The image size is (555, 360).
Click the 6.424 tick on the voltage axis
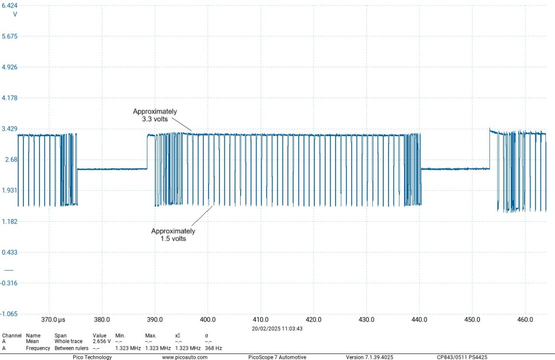pos(10,5)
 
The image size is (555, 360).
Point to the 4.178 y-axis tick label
pos(10,98)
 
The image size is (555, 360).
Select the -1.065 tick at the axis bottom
pos(10,314)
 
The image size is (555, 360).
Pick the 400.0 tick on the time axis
pos(208,320)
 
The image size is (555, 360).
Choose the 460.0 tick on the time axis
pos(525,320)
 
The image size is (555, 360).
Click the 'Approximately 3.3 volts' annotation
pos(155,115)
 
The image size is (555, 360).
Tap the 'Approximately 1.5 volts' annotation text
pos(173,235)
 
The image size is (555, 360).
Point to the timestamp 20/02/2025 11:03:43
pos(277,329)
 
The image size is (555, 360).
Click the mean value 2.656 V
pos(101,342)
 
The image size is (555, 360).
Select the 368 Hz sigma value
pos(213,348)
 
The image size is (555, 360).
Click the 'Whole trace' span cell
pos(68,342)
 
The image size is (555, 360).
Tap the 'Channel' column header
pos(11,336)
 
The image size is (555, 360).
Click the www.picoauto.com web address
pos(184,357)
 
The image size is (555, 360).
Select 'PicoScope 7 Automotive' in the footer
pos(277,357)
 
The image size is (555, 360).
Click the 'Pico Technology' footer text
pos(92,357)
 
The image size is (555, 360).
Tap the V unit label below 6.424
pos(15,14)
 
